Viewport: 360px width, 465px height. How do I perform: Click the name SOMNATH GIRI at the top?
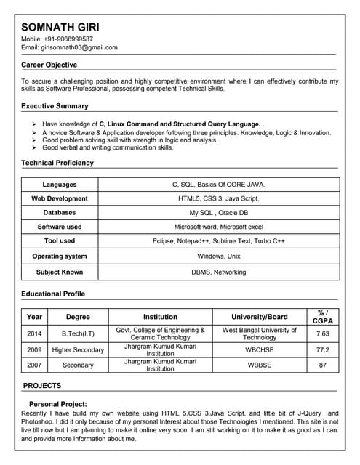coord(64,23)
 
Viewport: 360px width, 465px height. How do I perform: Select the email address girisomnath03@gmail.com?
coord(82,47)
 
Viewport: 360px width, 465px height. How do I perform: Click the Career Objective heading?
coord(49,65)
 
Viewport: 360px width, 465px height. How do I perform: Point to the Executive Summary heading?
coord(55,106)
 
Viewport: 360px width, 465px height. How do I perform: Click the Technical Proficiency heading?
coord(57,163)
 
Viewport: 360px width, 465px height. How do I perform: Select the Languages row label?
coord(59,185)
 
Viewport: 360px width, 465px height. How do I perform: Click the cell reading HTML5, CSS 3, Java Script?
coord(218,198)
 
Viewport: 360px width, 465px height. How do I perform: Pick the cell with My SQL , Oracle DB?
coord(218,213)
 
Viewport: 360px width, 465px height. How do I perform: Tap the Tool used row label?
coord(59,241)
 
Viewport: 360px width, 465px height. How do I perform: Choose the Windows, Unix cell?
coord(218,256)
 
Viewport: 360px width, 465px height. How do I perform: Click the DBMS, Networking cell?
coord(218,272)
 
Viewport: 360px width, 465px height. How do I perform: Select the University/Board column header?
coord(260,317)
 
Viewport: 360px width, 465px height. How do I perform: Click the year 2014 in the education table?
coord(34,334)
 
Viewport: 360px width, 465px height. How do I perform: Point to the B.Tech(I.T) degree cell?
coord(78,334)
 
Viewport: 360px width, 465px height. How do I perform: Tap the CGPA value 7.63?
coord(323,334)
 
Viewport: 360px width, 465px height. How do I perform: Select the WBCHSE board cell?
coord(260,350)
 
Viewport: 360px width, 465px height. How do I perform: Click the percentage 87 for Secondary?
coord(323,365)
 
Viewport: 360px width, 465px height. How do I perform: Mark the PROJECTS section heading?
coord(42,386)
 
